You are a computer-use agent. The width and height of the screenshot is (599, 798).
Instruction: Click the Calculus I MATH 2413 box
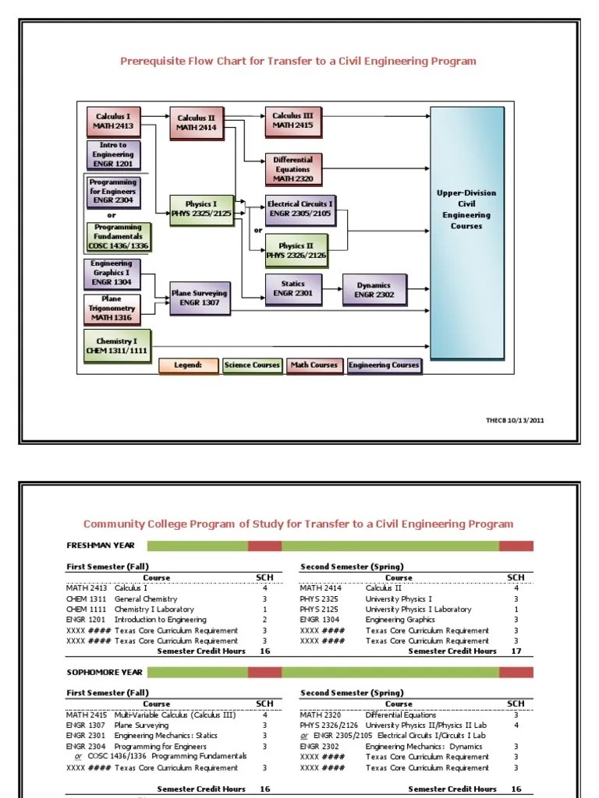pyautogui.click(x=112, y=121)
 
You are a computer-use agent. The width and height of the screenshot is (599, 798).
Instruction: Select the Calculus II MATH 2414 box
pyautogui.click(x=196, y=123)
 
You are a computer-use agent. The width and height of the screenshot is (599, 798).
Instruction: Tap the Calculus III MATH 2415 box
pyautogui.click(x=292, y=120)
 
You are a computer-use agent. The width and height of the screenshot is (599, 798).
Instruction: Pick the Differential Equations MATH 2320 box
pyautogui.click(x=292, y=169)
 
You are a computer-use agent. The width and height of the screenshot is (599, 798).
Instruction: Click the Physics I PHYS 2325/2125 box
pyautogui.click(x=201, y=209)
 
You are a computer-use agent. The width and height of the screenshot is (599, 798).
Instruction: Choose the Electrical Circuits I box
pyautogui.click(x=300, y=207)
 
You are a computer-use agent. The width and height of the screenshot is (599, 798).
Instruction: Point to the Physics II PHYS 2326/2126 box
pyautogui.click(x=296, y=250)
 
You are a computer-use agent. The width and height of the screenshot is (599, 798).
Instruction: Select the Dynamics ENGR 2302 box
pyautogui.click(x=374, y=290)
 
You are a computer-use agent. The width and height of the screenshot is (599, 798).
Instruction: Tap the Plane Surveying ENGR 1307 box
pyautogui.click(x=200, y=298)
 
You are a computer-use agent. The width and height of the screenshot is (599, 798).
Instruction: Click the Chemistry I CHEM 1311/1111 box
pyautogui.click(x=116, y=346)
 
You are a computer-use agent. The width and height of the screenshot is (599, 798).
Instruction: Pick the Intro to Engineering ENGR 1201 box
pyautogui.click(x=112, y=154)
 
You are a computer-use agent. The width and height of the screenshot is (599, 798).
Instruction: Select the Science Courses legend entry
pyautogui.click(x=252, y=365)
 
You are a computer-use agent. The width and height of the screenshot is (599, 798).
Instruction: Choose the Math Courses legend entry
pyautogui.click(x=314, y=365)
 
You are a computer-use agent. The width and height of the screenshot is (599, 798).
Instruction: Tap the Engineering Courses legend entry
pyautogui.click(x=384, y=365)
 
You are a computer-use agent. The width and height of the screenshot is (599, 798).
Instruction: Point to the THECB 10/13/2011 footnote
pyautogui.click(x=515, y=420)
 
